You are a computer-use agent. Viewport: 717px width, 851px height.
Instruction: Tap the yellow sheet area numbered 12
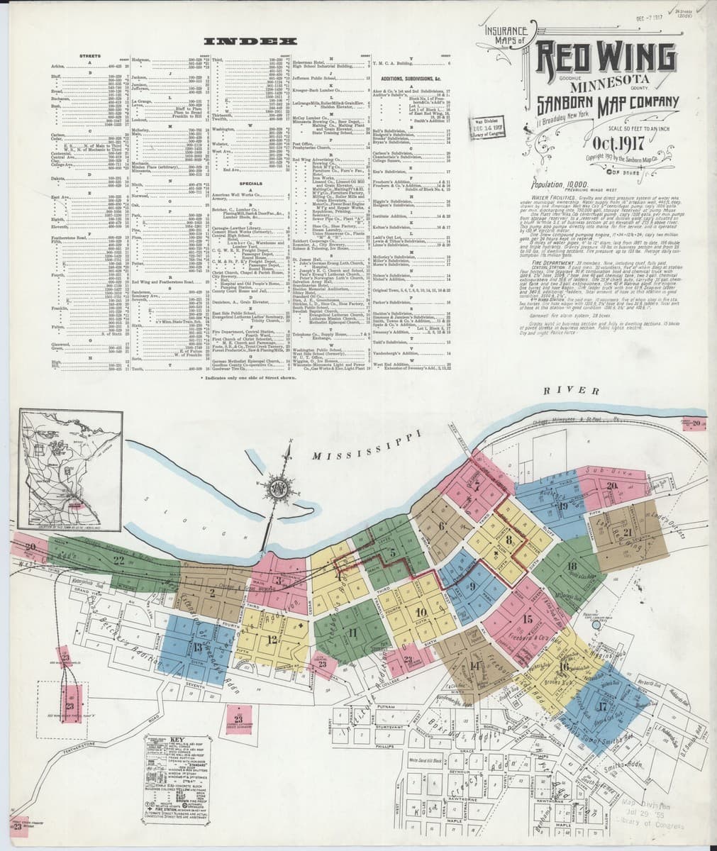pyautogui.click(x=272, y=639)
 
